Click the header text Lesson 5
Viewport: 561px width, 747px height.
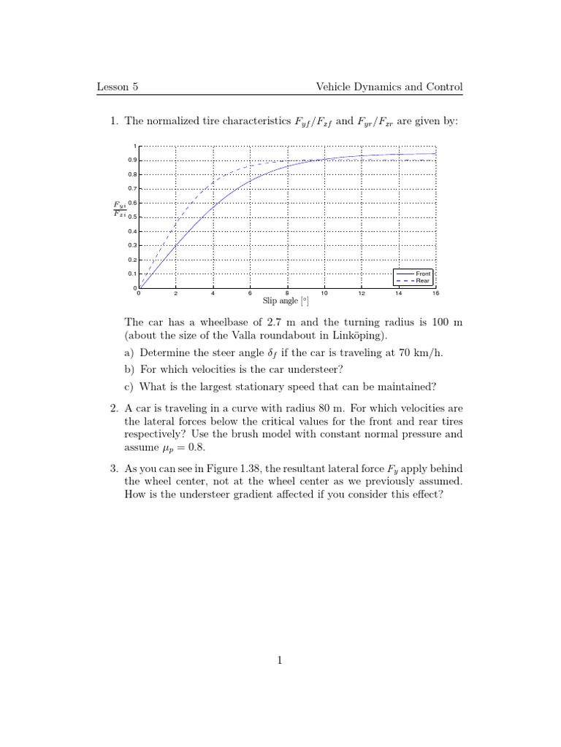[118, 88]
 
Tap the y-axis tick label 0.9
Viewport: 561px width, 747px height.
[132, 160]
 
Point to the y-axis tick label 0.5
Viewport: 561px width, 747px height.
[132, 217]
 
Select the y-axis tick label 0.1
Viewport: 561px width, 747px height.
[132, 274]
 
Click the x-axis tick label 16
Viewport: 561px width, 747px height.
[435, 293]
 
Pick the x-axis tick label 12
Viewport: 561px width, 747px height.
[362, 293]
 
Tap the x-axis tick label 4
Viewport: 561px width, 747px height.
[213, 293]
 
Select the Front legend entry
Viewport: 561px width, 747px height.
[423, 273]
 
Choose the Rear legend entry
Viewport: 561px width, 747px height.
[423, 280]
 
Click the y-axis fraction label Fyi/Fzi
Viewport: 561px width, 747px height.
[119, 209]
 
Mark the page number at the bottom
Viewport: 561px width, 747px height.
[279, 661]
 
